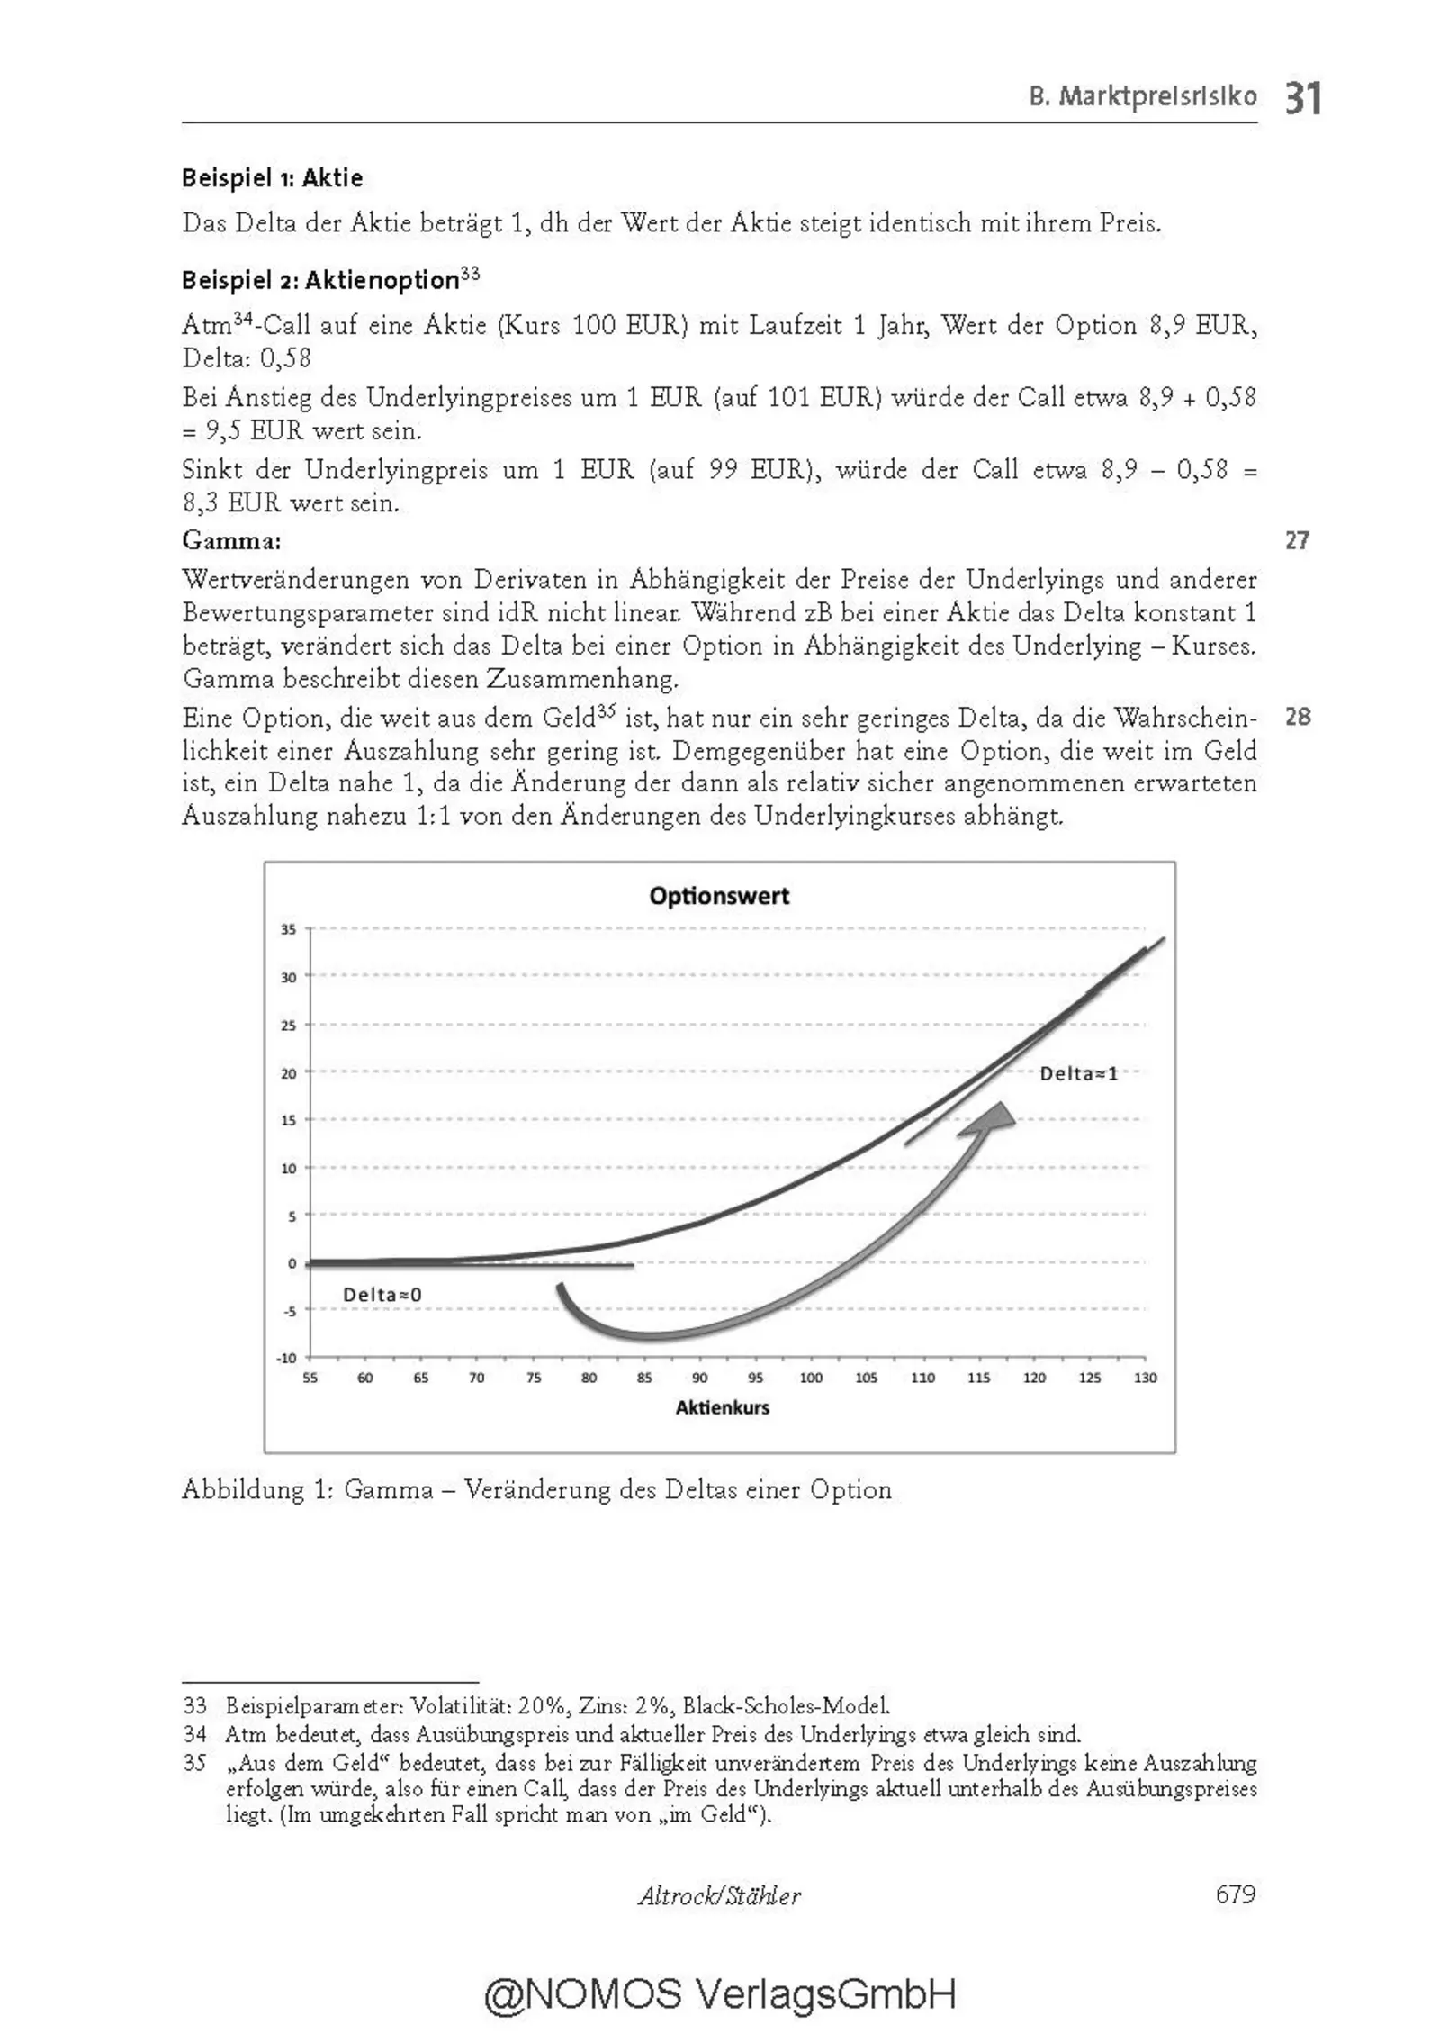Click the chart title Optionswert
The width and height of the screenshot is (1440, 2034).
(719, 896)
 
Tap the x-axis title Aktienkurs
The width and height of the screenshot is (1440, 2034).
(722, 1407)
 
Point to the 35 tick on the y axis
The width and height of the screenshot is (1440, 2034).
(288, 928)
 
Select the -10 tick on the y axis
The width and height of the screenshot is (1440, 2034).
(286, 1358)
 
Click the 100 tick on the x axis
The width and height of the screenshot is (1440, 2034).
(811, 1378)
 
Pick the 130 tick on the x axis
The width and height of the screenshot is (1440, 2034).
(1145, 1378)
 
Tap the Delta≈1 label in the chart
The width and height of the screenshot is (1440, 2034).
(1078, 1073)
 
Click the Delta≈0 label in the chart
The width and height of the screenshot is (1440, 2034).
(382, 1295)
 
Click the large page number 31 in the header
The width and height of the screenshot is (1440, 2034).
(1303, 97)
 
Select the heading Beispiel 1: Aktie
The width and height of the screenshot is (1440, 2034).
(273, 178)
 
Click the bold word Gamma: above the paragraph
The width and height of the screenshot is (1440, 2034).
(231, 540)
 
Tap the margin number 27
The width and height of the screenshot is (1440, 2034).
(1297, 540)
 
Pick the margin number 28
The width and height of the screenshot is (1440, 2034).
(1297, 717)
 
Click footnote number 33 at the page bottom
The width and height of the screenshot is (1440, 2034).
(194, 1705)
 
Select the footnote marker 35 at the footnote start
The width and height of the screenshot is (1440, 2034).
(194, 1762)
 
